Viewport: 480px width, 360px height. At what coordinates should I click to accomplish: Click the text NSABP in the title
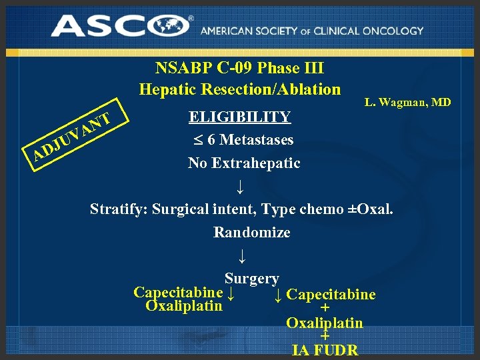(x=181, y=68)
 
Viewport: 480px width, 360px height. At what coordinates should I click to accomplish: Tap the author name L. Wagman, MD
(x=407, y=102)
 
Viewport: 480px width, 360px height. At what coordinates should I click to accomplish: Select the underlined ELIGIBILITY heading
(x=240, y=117)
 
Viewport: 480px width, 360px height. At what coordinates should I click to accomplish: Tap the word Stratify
(x=118, y=209)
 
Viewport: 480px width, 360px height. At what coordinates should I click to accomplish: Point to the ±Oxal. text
(x=367, y=209)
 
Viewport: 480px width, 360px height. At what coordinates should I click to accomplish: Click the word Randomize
(x=251, y=233)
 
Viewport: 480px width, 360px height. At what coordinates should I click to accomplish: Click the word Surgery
(x=251, y=279)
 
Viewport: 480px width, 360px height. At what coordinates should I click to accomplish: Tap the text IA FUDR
(x=325, y=350)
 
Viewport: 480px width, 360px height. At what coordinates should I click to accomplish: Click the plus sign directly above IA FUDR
(x=325, y=337)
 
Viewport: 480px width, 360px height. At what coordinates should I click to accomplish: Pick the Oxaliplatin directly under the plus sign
(x=325, y=323)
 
